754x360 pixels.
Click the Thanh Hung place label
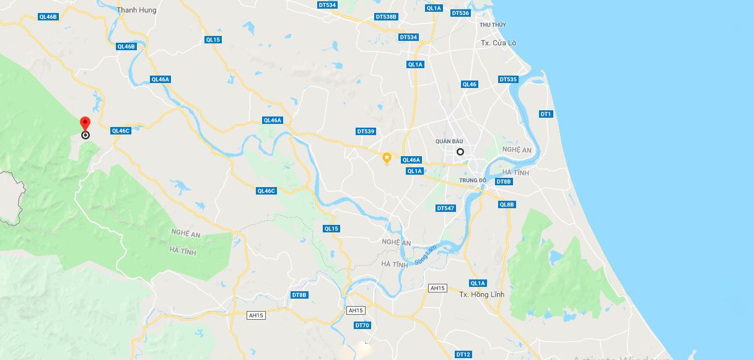136,10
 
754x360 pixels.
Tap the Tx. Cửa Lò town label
498,43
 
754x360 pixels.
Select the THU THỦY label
493,25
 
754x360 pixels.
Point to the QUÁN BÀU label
449,141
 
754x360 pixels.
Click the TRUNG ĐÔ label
473,180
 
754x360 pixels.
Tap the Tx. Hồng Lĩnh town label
481,294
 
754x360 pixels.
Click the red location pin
85,123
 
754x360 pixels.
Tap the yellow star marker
387,158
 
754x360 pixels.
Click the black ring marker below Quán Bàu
460,152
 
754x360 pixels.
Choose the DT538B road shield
386,17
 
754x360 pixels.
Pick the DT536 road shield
460,13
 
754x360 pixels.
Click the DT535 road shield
508,79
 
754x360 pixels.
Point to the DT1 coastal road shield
546,114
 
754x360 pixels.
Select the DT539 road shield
366,131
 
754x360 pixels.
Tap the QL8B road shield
507,204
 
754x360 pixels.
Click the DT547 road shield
446,208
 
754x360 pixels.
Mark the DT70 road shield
362,325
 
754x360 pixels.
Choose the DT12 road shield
463,354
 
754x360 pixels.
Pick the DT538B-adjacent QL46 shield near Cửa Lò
470,84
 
